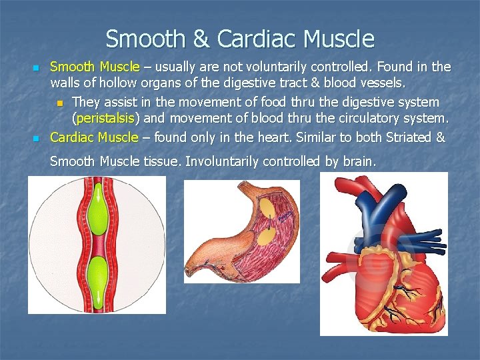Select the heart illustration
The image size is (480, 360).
(x=383, y=260)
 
